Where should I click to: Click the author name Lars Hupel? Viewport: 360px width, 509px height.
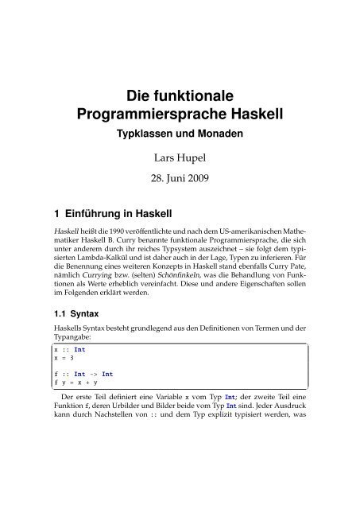pos(180,161)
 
